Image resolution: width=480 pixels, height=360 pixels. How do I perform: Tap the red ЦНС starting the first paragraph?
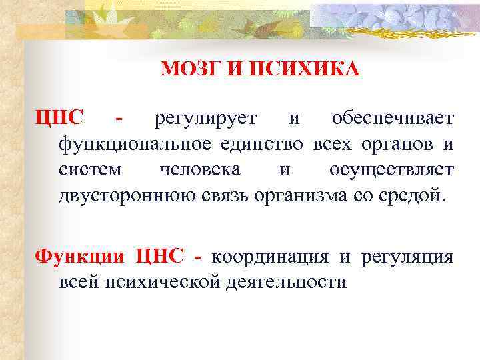click(x=60, y=119)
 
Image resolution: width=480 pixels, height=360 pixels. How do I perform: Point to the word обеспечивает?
click(x=393, y=119)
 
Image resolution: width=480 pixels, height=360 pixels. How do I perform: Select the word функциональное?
click(x=128, y=144)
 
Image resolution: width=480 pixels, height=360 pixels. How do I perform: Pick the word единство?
click(x=255, y=144)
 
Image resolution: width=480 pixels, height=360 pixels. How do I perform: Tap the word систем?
click(x=90, y=169)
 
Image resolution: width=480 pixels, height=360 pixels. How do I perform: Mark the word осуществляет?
click(x=391, y=169)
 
